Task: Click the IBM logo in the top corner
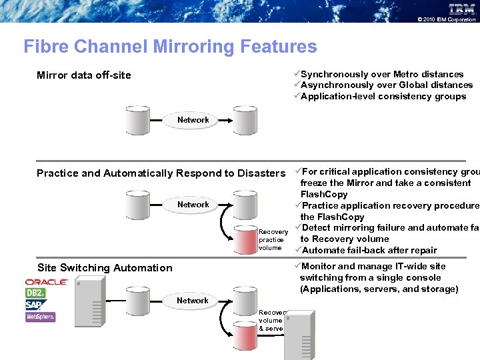coord(461,9)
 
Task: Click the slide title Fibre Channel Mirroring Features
coord(170,47)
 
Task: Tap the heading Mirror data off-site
coord(84,75)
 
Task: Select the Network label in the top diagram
coord(193,120)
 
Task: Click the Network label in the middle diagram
coord(193,205)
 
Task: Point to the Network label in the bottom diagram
coord(193,301)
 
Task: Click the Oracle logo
coord(47,282)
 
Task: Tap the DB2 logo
coord(36,293)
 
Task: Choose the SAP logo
coord(35,305)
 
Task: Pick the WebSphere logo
coord(41,317)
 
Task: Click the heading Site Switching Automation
coord(105,268)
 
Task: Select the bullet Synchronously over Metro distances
coord(381,74)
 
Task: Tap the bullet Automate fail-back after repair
coord(369,250)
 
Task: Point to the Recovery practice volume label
coord(273,240)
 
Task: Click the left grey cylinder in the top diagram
coord(139,121)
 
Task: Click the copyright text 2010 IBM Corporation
coord(446,20)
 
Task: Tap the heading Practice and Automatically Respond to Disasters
coord(161,173)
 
